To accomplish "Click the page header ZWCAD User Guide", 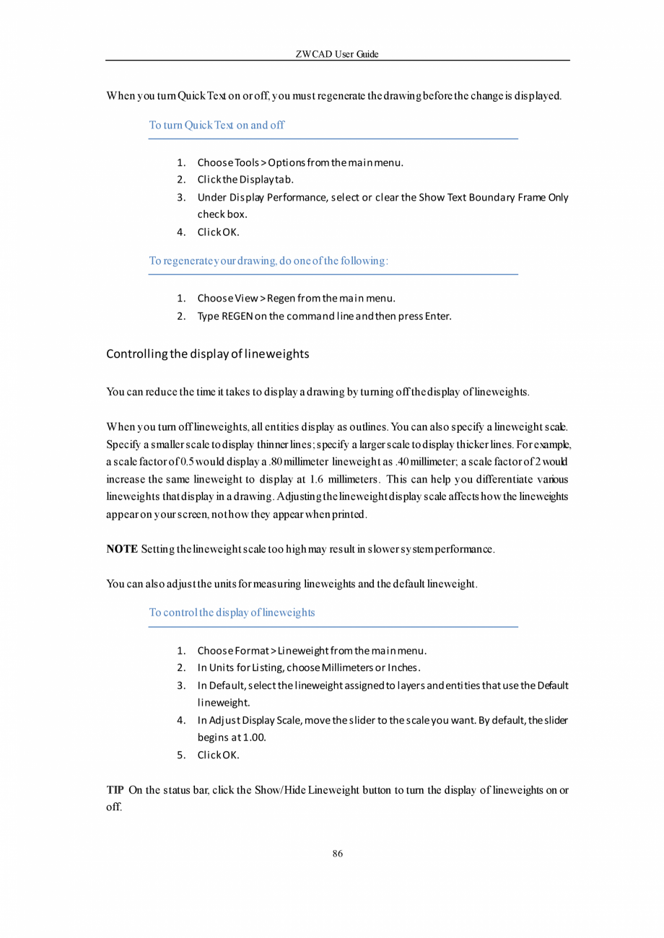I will click(337, 54).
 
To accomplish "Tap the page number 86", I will click(337, 854).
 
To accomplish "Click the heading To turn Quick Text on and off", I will click(217, 125).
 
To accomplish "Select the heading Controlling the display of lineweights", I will click(208, 354).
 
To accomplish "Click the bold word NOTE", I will click(122, 550).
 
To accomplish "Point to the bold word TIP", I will click(115, 789).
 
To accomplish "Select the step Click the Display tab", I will click(245, 179).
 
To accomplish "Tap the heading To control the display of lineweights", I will click(232, 613).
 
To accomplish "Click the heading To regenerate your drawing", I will click(268, 260).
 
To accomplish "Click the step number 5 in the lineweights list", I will click(182, 755).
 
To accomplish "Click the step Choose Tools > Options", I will click(300, 162).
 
